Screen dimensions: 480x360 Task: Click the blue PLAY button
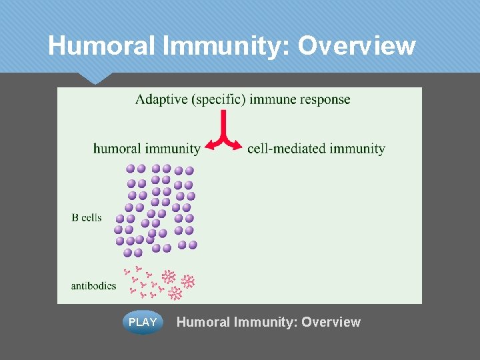tap(143, 322)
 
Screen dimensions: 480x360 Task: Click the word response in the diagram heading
tap(325, 100)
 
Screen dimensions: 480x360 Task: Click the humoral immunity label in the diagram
tap(147, 149)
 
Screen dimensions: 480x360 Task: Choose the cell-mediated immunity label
tap(316, 149)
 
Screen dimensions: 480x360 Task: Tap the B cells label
tap(86, 217)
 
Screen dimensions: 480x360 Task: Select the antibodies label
tap(93, 286)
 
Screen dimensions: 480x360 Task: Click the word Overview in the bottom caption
tap(331, 323)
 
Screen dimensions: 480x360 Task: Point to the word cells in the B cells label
tap(91, 217)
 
